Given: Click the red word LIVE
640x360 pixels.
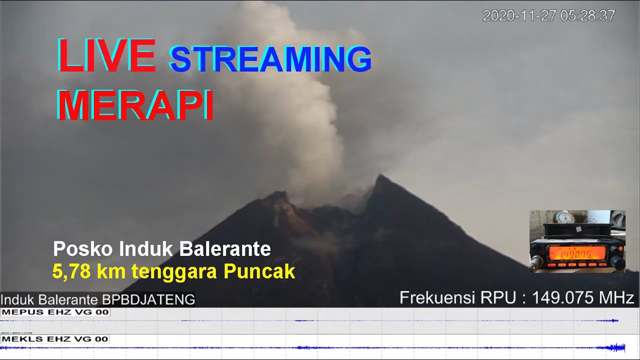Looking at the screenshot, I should tap(106, 54).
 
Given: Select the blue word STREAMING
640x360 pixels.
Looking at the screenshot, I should tap(270, 59).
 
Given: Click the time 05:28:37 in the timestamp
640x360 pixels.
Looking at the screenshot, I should tap(587, 16).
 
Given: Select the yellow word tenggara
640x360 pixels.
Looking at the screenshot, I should tap(175, 271).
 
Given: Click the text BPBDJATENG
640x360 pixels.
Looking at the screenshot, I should tap(148, 300).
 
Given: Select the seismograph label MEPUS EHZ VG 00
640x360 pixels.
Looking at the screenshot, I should tap(55, 312).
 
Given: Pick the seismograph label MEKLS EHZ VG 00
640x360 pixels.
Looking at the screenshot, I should tap(55, 339).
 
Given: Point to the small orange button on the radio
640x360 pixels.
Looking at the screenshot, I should tap(621, 248).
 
